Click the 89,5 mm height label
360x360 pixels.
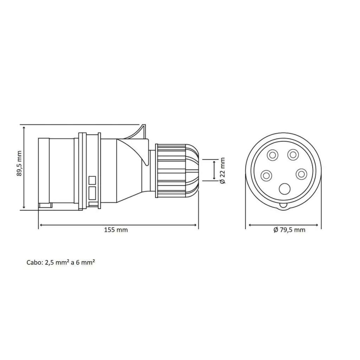pos(19,163)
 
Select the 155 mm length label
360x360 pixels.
pos(116,230)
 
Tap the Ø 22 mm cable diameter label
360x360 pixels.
pos(222,171)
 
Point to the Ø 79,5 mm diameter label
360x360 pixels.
pos(289,230)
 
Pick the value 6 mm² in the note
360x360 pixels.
pos(85,262)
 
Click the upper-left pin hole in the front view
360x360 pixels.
pos(273,155)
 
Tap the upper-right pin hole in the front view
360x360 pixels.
pos(293,155)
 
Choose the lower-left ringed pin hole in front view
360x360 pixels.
pos(266,176)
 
